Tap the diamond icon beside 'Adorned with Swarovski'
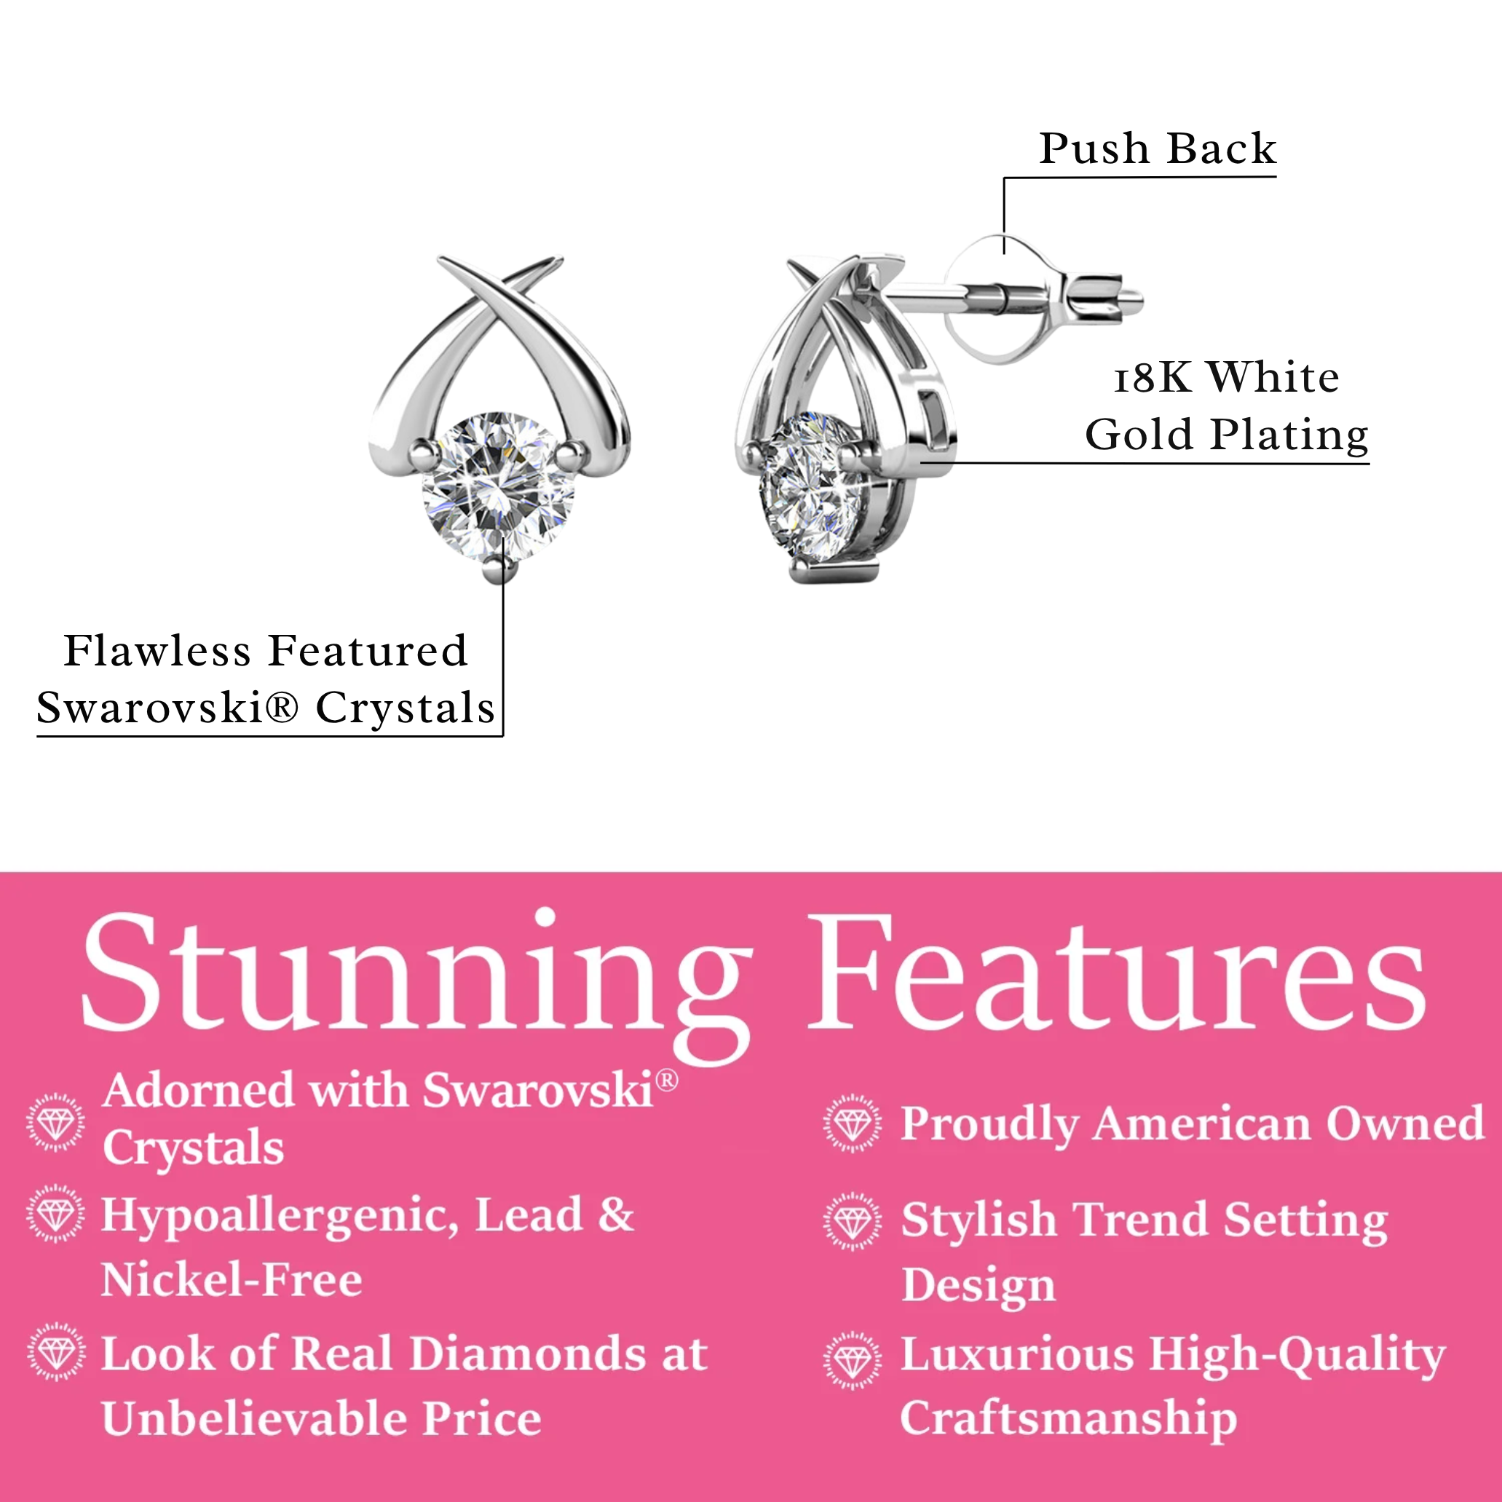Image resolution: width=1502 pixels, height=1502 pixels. point(55,1122)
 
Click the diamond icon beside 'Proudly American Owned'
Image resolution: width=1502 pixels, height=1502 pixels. point(853,1123)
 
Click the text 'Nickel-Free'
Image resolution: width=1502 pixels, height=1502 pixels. point(232,1281)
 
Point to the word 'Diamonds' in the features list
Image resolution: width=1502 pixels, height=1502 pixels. point(527,1353)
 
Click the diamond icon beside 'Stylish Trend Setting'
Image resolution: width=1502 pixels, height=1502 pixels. point(853,1220)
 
